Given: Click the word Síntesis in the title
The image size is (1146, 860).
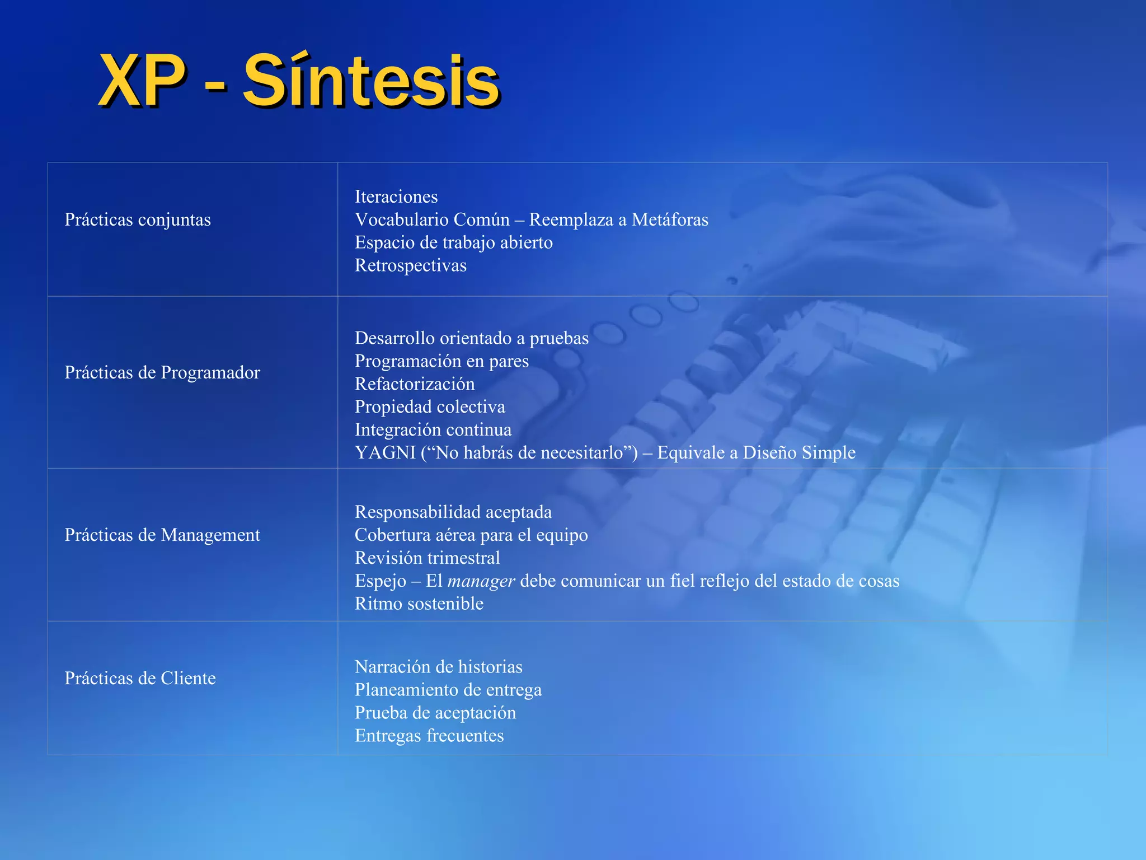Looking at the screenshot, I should coord(370,81).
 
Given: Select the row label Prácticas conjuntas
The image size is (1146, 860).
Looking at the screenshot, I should coord(138,219).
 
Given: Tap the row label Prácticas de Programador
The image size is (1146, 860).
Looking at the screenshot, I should coord(162,372).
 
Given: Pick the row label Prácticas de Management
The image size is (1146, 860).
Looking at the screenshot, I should coord(162,535).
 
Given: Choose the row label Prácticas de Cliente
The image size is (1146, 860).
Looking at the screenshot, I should coord(140,678).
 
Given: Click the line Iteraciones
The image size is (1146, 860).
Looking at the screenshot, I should coord(396,197).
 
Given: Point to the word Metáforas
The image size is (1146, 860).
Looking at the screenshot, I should coord(670,219).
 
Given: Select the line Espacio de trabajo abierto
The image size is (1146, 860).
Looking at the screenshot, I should coord(453,242).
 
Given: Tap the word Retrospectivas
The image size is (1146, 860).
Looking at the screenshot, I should coord(410,265).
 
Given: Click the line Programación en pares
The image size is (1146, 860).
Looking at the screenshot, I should coord(442,361).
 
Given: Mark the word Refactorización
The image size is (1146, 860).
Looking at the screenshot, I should coord(415,384).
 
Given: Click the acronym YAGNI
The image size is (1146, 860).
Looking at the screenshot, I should coord(385,452).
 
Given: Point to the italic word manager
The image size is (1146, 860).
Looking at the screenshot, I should coord(481,581).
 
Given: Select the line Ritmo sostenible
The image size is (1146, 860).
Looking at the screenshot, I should coord(419,604).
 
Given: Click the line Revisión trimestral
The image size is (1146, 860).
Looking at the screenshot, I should coord(427,558).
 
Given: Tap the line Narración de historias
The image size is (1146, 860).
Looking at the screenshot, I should coord(438,667).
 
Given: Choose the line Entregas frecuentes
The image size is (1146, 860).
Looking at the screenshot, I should coord(429,736).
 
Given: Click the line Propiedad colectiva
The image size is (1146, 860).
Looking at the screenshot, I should coord(430,407).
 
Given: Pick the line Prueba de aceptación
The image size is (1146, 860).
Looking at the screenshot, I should coord(435,713).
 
